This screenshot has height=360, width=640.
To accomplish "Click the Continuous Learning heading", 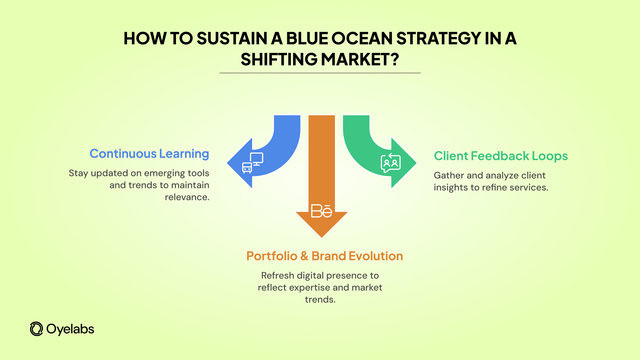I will click(149, 154).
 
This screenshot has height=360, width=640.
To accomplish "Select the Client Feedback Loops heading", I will click(501, 156).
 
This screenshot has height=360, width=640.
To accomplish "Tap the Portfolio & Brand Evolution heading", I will click(324, 256).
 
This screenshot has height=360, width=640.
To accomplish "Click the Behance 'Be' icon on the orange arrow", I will click(321, 211).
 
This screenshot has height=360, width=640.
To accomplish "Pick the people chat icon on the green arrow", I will click(390, 163).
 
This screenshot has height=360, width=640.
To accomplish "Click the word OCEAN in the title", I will click(362, 38).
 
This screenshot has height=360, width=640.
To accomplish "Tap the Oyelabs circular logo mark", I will click(36, 329).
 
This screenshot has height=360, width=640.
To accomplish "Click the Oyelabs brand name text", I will click(70, 329).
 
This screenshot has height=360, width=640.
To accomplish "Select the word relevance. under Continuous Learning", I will click(187, 197).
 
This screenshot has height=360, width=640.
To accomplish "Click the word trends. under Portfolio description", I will click(320, 300).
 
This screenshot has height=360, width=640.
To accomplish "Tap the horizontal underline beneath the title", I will click(320, 73).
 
